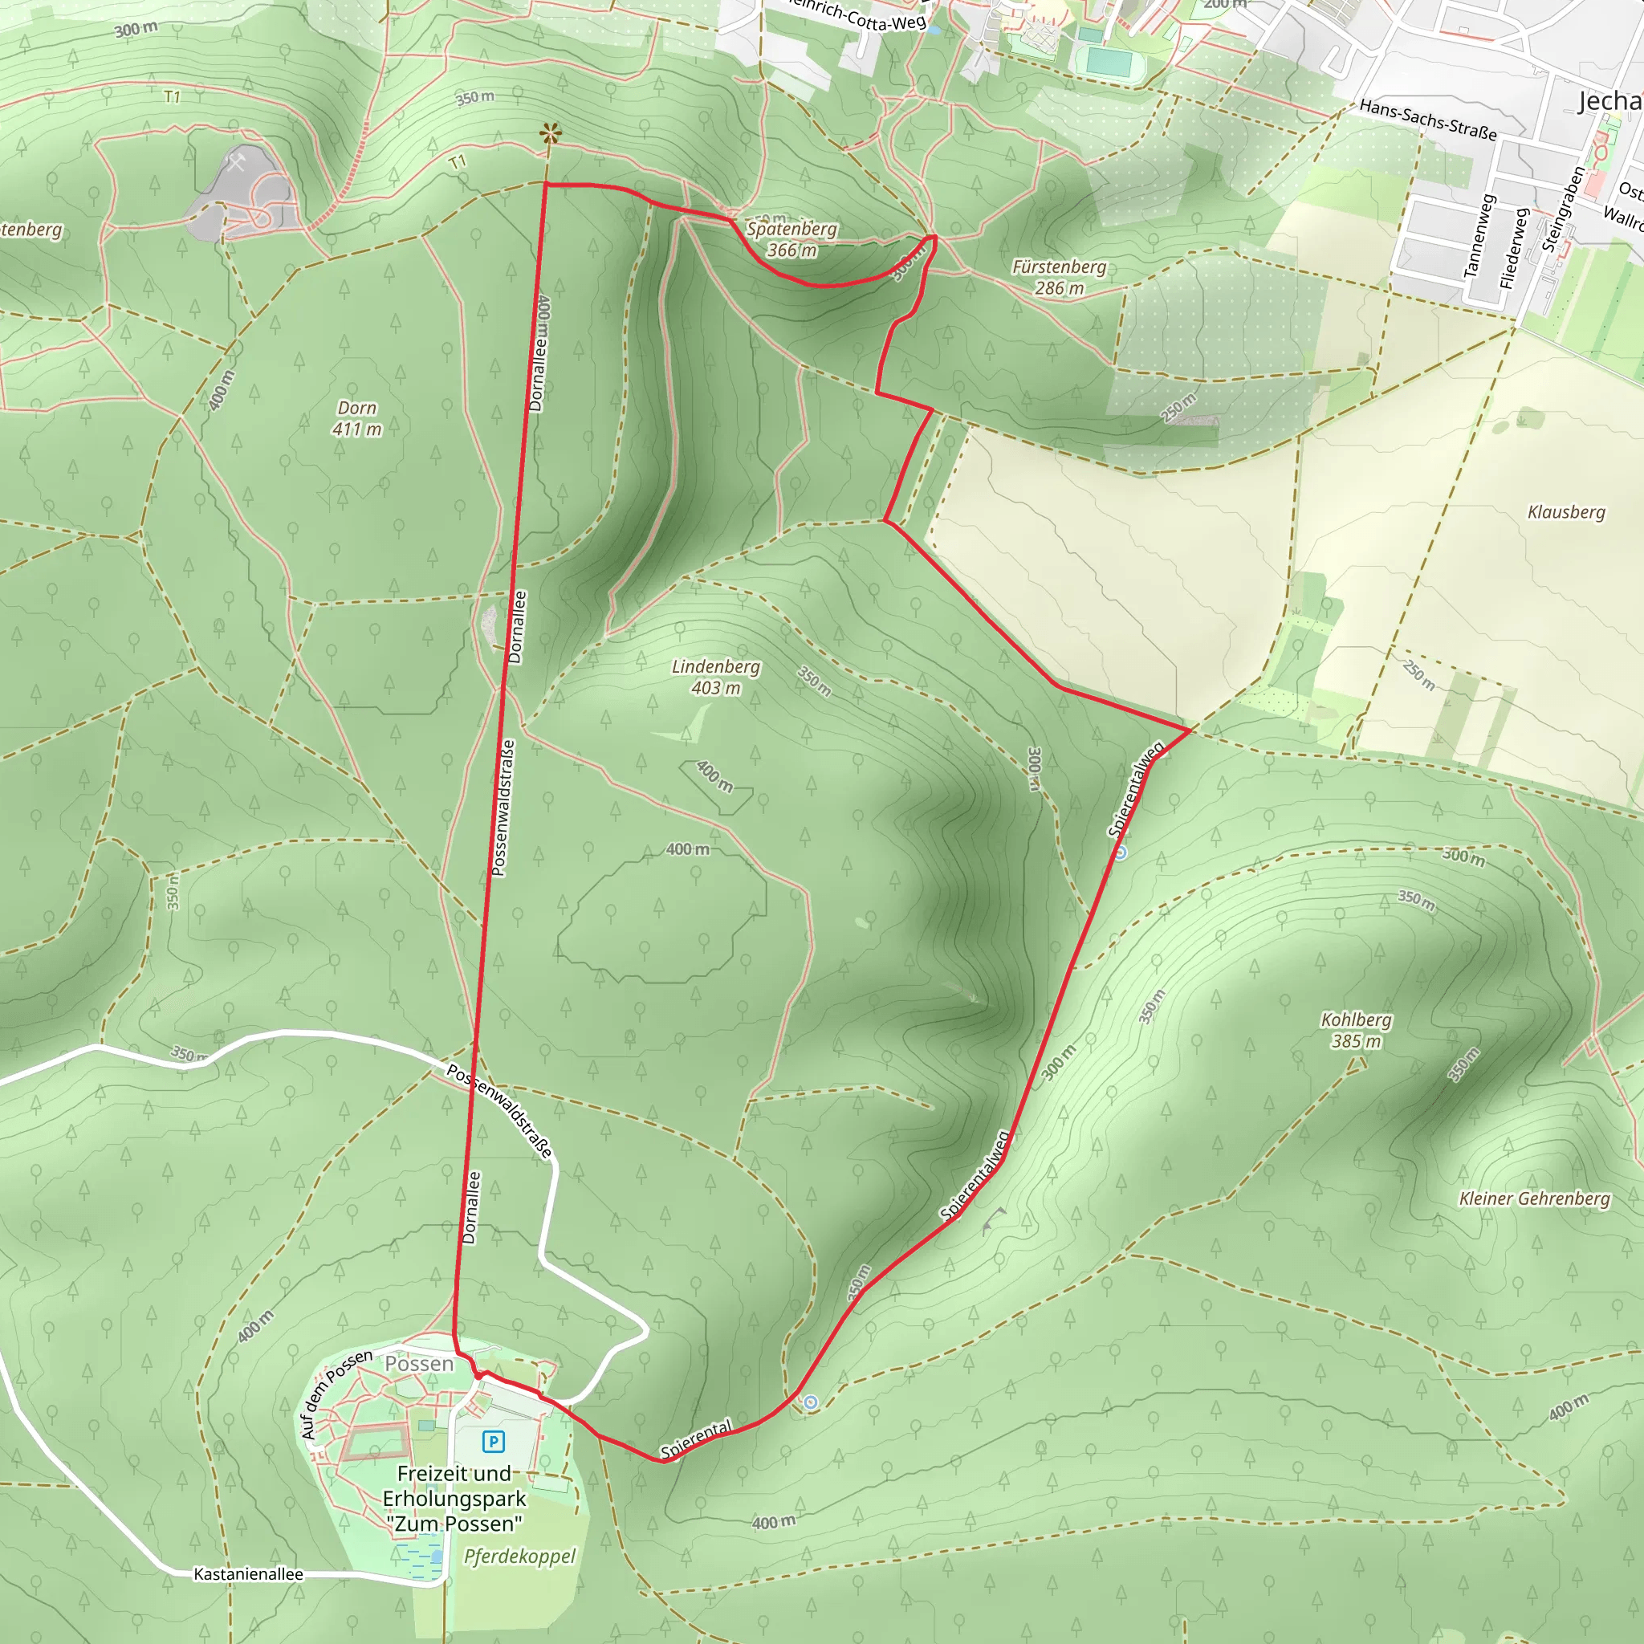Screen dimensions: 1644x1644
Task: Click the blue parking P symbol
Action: tap(494, 1442)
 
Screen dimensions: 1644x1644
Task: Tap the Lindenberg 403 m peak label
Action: tap(715, 678)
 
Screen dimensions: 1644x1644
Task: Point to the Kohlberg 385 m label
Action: tap(1357, 1031)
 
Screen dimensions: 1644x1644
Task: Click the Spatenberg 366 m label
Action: tap(792, 239)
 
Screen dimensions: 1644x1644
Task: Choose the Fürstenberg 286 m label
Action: tap(1060, 278)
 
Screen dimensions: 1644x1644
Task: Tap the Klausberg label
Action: tap(1567, 511)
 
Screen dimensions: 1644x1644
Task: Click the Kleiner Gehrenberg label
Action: tap(1535, 1199)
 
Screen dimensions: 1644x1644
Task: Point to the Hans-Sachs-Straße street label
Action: tap(1428, 120)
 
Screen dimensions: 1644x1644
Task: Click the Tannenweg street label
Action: tap(1479, 236)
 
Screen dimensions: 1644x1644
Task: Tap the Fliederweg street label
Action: tap(1515, 246)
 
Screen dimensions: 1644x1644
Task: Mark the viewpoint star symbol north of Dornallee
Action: tap(551, 133)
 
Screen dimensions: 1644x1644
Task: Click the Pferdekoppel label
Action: tap(520, 1557)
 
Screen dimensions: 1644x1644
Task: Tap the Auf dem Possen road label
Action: tap(336, 1393)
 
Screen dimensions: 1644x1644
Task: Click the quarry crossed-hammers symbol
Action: tap(236, 162)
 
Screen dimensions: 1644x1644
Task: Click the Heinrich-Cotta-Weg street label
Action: tap(855, 14)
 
